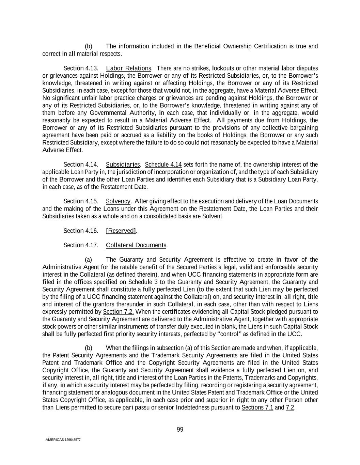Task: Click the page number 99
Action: pos(180,430)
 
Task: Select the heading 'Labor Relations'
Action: pos(128,68)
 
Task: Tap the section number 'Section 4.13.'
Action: pos(81,68)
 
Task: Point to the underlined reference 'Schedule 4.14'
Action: pos(163,165)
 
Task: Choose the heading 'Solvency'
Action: pos(118,201)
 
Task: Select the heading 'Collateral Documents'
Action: pos(136,245)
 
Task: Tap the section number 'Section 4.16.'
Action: pos(81,231)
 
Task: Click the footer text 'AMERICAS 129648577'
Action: pos(63,440)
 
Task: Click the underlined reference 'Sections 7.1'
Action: pos(257,408)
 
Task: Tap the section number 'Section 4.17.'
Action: pos(81,245)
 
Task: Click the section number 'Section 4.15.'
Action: pos(81,201)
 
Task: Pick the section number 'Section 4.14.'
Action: pos(81,165)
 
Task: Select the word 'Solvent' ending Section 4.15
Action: pos(213,216)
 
